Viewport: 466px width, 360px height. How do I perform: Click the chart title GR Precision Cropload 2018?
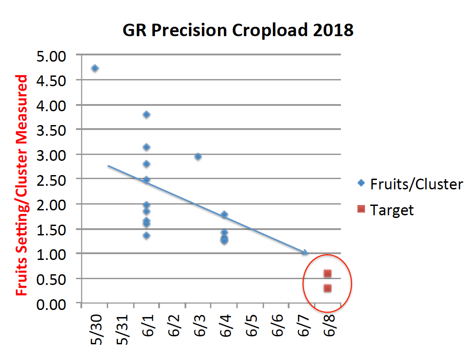point(238,30)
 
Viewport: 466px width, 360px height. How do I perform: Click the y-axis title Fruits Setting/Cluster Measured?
point(22,185)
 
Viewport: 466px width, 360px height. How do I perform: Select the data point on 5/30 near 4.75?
point(95,68)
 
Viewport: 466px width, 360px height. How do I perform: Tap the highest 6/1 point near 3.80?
point(146,114)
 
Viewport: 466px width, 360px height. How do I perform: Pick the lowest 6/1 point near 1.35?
point(146,235)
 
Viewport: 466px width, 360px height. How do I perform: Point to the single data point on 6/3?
point(198,156)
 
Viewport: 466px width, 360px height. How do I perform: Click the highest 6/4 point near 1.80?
point(224,214)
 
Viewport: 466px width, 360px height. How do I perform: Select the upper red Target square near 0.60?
point(327,273)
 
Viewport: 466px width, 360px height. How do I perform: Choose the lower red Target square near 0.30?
point(327,288)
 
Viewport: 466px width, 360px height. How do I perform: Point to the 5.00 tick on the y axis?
point(53,56)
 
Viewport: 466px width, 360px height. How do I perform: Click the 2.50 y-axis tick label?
point(53,180)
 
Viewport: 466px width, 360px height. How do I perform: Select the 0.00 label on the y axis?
point(53,305)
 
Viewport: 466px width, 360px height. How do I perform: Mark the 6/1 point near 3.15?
point(146,147)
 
